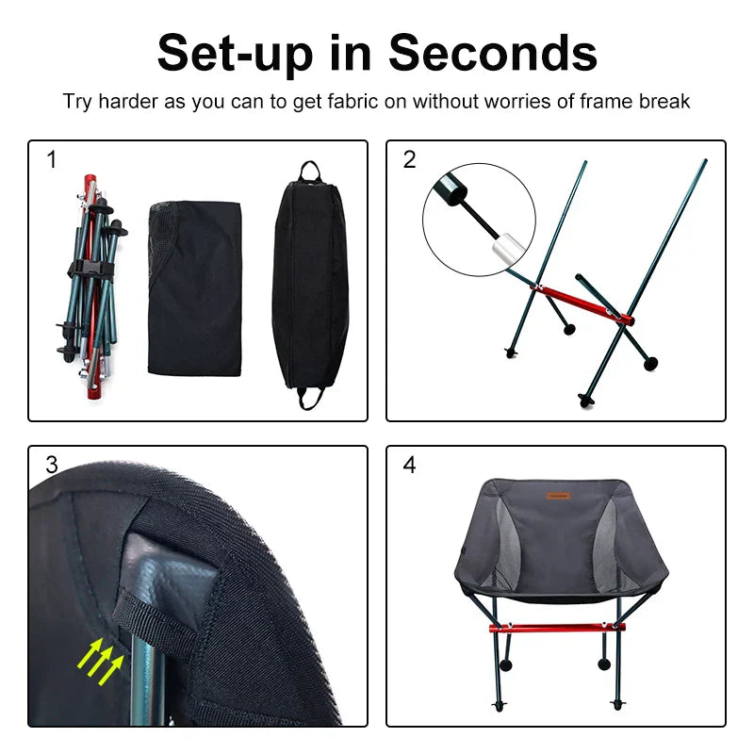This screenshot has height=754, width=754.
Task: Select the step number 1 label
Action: point(52,160)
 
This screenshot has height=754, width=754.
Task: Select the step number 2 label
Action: point(409,160)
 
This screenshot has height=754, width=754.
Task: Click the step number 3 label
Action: point(52,465)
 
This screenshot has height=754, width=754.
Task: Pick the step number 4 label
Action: point(409,465)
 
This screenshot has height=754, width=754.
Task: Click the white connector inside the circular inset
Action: point(506,251)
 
